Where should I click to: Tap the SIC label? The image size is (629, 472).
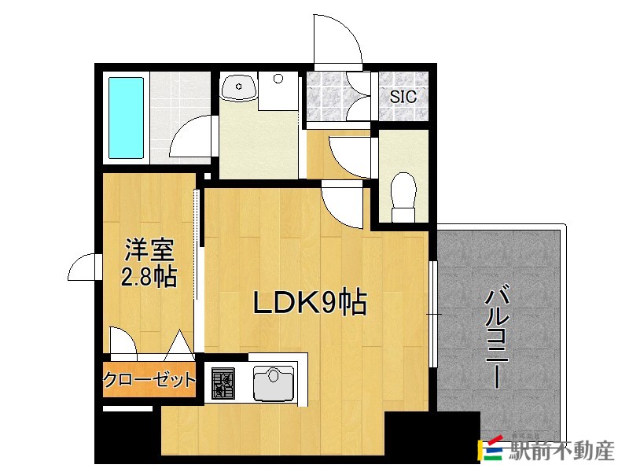coord(403,98)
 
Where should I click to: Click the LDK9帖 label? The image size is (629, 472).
coord(309,303)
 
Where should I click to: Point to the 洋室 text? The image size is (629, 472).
coord(149,251)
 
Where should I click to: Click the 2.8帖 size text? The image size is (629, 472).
coord(149,277)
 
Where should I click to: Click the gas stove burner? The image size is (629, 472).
coord(223,382)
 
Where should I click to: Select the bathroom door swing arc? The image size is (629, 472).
coord(192,138)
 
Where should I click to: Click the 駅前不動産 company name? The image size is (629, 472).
coord(561,451)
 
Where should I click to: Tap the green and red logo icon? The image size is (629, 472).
coord(492,449)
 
